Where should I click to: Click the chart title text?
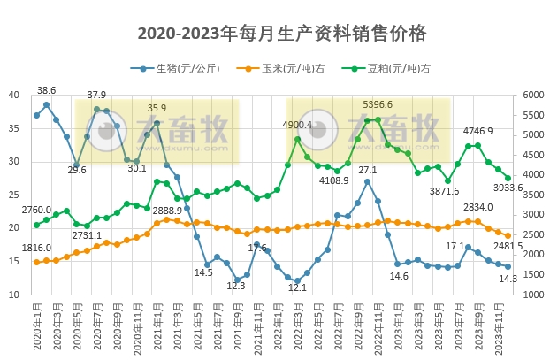(x=282, y=34)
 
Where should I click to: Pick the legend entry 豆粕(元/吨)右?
(x=398, y=68)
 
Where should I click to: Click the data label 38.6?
(x=47, y=90)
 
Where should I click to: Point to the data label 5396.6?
(x=378, y=104)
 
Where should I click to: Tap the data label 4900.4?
(x=298, y=125)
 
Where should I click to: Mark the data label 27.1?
(x=368, y=170)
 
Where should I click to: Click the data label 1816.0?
(x=36, y=249)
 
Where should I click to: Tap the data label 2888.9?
(x=167, y=211)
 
